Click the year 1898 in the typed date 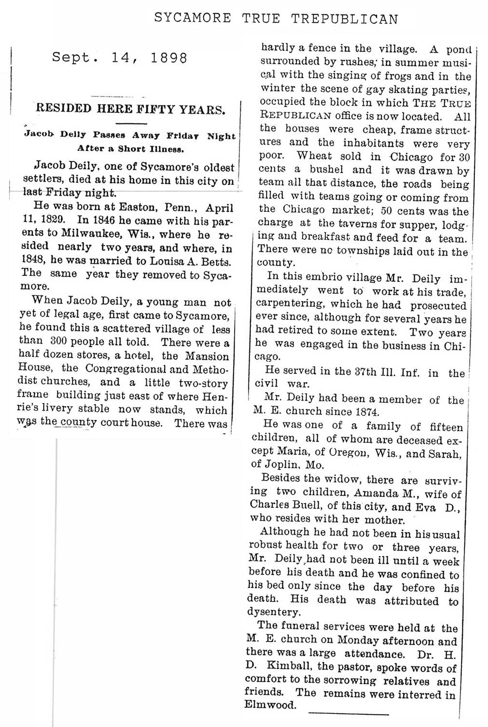pyautogui.click(x=168, y=58)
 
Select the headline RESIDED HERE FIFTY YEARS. pyautogui.click(x=130, y=109)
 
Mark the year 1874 pyautogui.click(x=366, y=412)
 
